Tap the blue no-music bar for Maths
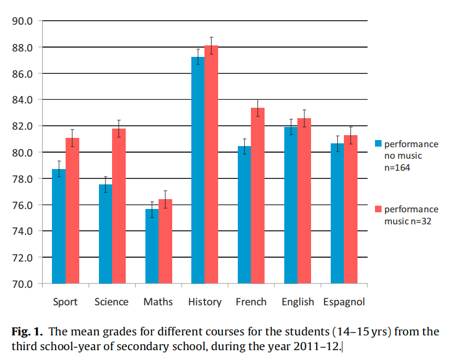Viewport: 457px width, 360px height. coord(151,246)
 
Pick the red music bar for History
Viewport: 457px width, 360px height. coord(211,164)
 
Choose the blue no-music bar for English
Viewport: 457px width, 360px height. coord(290,205)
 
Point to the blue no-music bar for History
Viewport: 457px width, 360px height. coord(197,170)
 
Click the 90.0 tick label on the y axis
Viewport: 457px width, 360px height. coord(23,21)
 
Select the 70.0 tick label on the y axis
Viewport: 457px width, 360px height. coord(23,284)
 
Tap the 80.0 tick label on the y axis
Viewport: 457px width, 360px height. coord(23,153)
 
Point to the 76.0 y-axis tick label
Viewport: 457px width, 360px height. coord(23,205)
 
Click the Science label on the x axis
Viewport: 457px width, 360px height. coord(112,302)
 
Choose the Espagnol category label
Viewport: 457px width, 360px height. coord(344,302)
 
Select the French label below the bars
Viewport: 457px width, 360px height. coord(251,302)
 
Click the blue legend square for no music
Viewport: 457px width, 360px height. coord(378,144)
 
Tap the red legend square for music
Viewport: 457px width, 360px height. coord(378,209)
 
